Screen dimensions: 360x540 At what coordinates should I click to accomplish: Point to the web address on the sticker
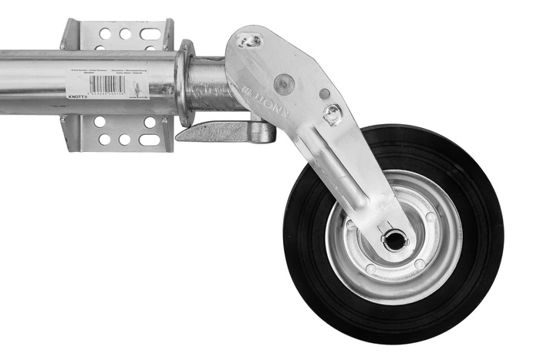pos(140,98)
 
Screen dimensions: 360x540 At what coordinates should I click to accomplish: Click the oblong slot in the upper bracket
pos(150,34)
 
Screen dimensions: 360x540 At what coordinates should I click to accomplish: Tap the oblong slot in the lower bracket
pos(150,140)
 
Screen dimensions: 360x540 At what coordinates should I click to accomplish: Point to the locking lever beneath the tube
pos(224,132)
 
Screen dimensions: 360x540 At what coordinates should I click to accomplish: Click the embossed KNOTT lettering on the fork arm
pos(266,100)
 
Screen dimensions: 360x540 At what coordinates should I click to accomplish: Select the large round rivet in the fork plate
pos(284,83)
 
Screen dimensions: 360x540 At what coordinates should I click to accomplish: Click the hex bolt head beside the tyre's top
pos(332,114)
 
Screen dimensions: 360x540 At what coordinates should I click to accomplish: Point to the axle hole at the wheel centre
pos(394,241)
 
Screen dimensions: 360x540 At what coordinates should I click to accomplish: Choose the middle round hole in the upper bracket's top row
pos(124,34)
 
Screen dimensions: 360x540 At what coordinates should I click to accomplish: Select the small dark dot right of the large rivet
pos(324,93)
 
